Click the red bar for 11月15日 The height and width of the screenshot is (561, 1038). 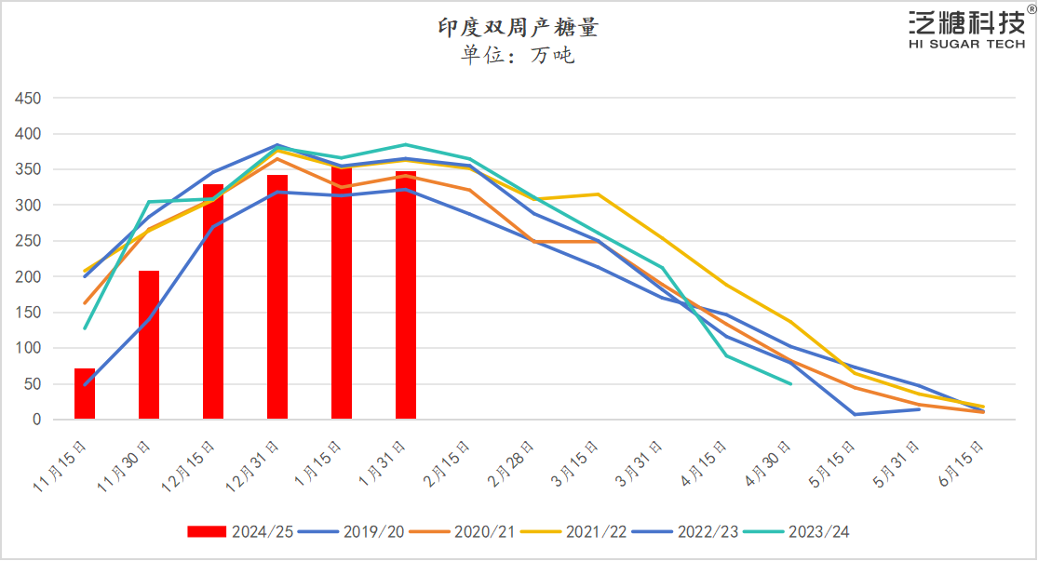(85, 394)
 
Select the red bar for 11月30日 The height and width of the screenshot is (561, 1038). (149, 345)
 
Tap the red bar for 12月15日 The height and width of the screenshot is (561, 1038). (213, 301)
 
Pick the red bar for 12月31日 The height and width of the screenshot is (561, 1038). (277, 297)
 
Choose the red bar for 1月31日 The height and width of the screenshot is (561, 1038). (406, 295)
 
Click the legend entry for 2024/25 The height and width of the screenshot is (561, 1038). (240, 531)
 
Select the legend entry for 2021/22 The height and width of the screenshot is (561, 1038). (573, 531)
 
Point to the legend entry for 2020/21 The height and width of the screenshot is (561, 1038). (462, 531)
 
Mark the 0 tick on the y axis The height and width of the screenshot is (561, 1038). (37, 420)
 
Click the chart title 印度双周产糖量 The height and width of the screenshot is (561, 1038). (519, 27)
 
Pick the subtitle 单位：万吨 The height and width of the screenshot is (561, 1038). (519, 56)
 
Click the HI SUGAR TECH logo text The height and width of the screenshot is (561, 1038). (965, 44)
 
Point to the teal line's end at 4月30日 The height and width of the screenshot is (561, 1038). (790, 383)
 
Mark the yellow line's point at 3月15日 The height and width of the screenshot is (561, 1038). (598, 194)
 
